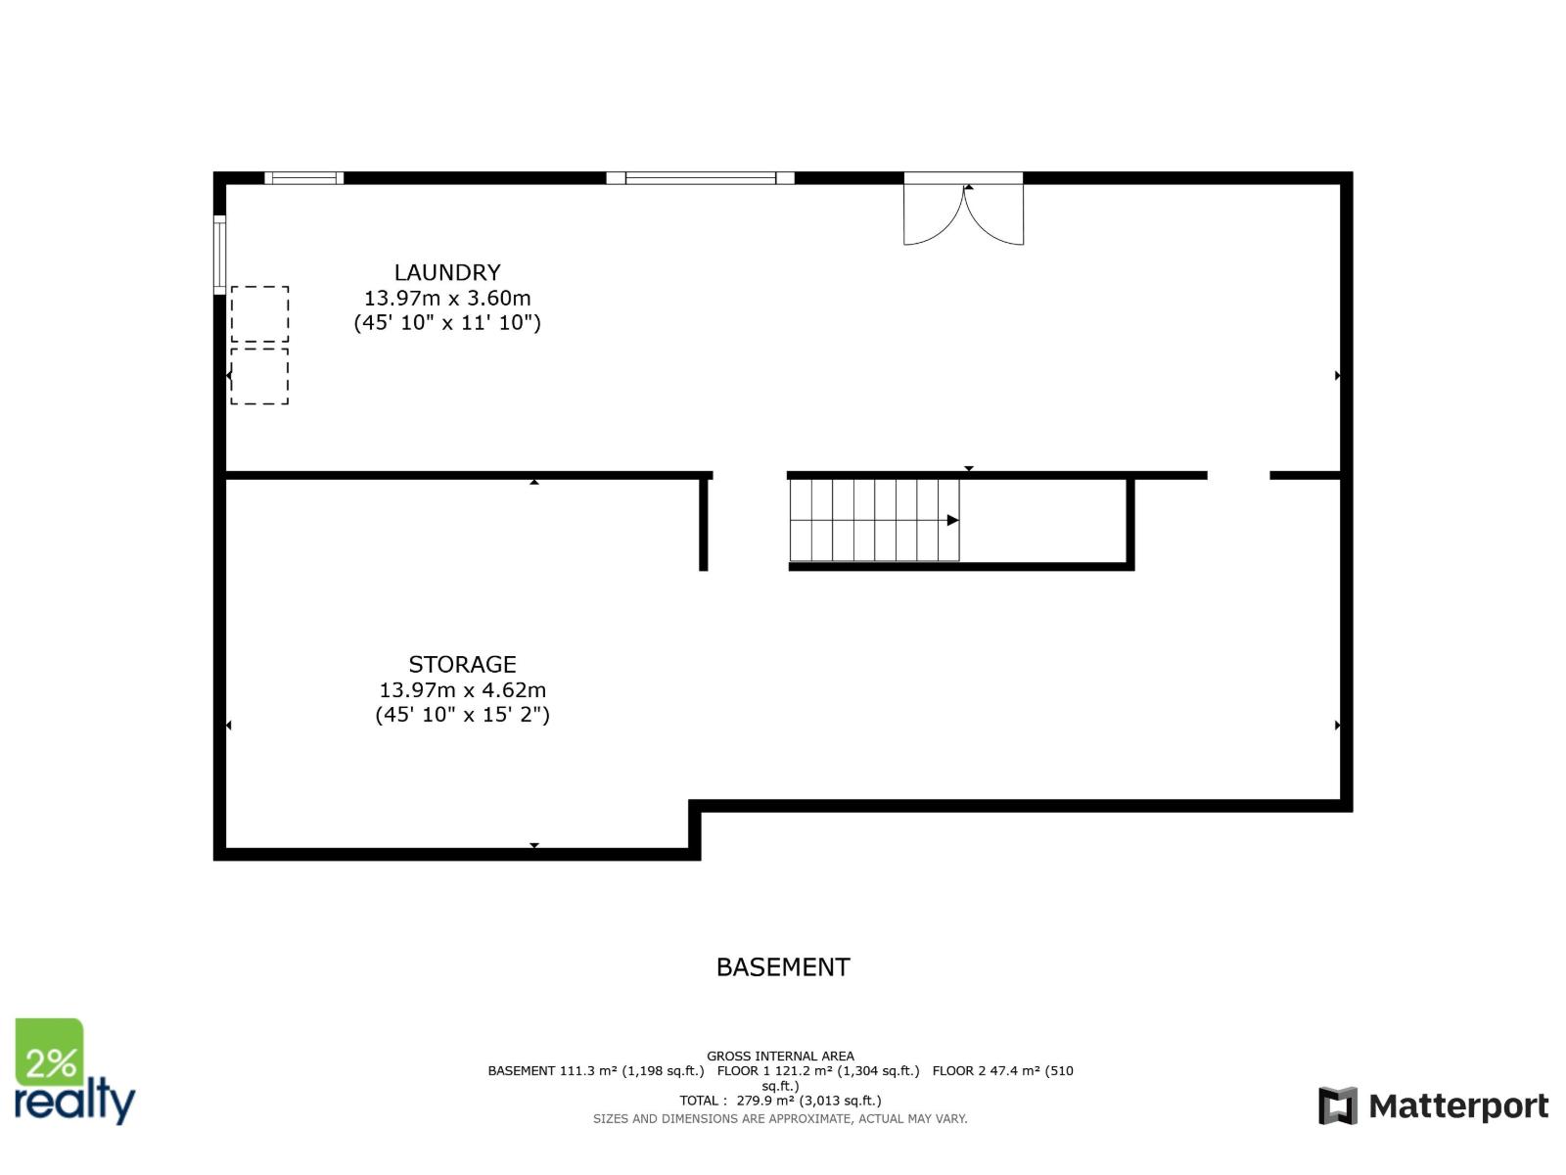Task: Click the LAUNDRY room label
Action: click(447, 272)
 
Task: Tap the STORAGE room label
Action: click(462, 664)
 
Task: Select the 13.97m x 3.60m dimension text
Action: click(447, 298)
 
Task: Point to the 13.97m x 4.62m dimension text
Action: click(462, 689)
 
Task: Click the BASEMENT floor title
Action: click(783, 967)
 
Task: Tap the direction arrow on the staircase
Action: click(952, 520)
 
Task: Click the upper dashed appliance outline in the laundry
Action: click(259, 314)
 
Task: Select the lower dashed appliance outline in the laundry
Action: click(259, 376)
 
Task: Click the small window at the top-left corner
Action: click(303, 178)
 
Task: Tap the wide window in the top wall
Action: click(700, 178)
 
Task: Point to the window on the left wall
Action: click(220, 255)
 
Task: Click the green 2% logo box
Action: click(49, 1052)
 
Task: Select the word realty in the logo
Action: click(74, 1102)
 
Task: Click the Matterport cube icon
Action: click(1338, 1105)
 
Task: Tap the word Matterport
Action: click(1458, 1106)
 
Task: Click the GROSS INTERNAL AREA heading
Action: click(780, 1056)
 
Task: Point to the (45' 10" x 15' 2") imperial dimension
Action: click(462, 715)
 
